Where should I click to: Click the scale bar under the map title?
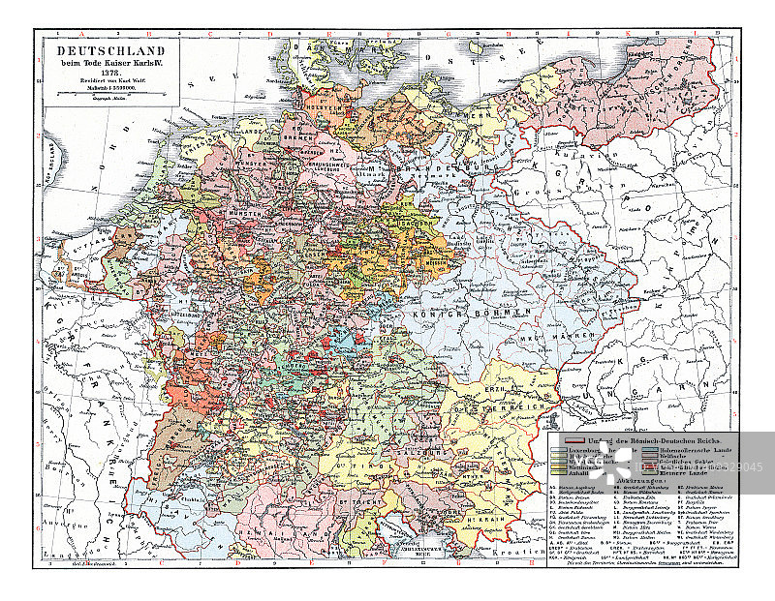[x=109, y=93]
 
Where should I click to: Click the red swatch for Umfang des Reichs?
[x=559, y=440]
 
